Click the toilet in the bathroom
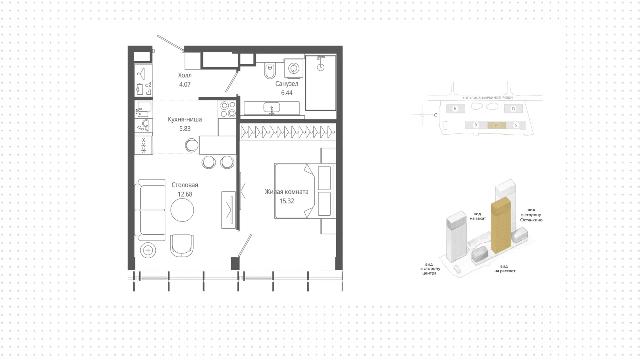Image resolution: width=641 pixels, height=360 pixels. pyautogui.click(x=269, y=71)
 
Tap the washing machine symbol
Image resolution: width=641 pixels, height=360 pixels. pyautogui.click(x=294, y=68)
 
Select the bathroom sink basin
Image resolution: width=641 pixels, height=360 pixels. pyautogui.click(x=272, y=107)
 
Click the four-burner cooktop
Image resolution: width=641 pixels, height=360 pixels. pyautogui.click(x=228, y=110)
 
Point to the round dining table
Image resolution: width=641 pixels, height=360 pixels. pyautogui.click(x=182, y=210)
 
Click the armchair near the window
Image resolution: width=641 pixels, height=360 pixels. pyautogui.click(x=182, y=245)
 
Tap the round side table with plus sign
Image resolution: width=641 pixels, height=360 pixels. pyautogui.click(x=148, y=250)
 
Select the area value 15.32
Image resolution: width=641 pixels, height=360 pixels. pyautogui.click(x=287, y=201)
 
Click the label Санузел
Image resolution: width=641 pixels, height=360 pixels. pyautogui.click(x=287, y=84)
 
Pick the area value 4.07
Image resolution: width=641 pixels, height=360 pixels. pyautogui.click(x=185, y=84)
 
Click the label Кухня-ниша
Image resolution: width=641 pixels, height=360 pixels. pyautogui.click(x=185, y=119)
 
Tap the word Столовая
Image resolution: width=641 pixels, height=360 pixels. pyautogui.click(x=185, y=185)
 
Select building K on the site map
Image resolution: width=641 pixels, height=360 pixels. pyautogui.click(x=456, y=108)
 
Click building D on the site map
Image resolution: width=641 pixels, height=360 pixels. pyautogui.click(x=514, y=108)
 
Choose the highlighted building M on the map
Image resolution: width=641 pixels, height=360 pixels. pyautogui.click(x=496, y=125)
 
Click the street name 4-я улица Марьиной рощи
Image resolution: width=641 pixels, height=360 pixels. pyautogui.click(x=488, y=98)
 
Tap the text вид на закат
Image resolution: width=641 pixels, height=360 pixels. pyautogui.click(x=478, y=216)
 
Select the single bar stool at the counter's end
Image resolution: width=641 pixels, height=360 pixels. pyautogui.click(x=192, y=145)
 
